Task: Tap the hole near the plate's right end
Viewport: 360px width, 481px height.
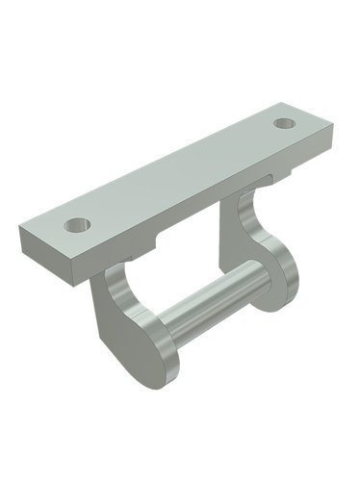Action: click(x=284, y=123)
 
